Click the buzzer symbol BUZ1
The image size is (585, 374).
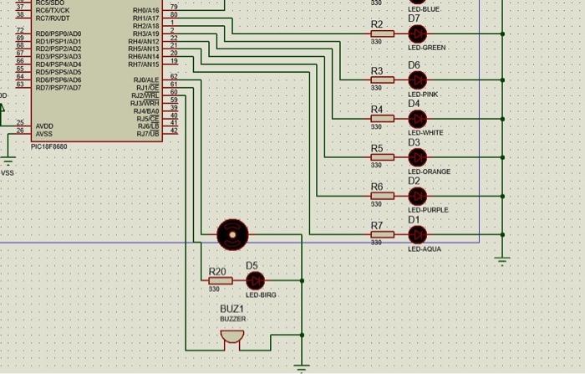231,336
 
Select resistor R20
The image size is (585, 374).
221,280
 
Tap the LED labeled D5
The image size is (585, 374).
255,280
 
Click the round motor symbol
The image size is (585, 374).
231,234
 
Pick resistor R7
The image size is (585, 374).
382,234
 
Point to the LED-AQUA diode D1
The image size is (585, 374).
416,234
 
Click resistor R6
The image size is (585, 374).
382,196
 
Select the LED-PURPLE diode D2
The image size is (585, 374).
416,196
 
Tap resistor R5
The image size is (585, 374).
382,157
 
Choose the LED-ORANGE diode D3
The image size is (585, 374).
416,157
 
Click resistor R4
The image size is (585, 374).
382,119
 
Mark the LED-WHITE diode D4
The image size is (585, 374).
416,119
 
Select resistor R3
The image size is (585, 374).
382,80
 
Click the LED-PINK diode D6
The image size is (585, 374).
416,80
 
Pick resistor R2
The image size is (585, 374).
382,34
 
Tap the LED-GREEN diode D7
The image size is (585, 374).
416,34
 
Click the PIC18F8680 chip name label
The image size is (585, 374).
48,146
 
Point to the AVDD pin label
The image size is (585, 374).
44,126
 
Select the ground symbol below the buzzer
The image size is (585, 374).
303,366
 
